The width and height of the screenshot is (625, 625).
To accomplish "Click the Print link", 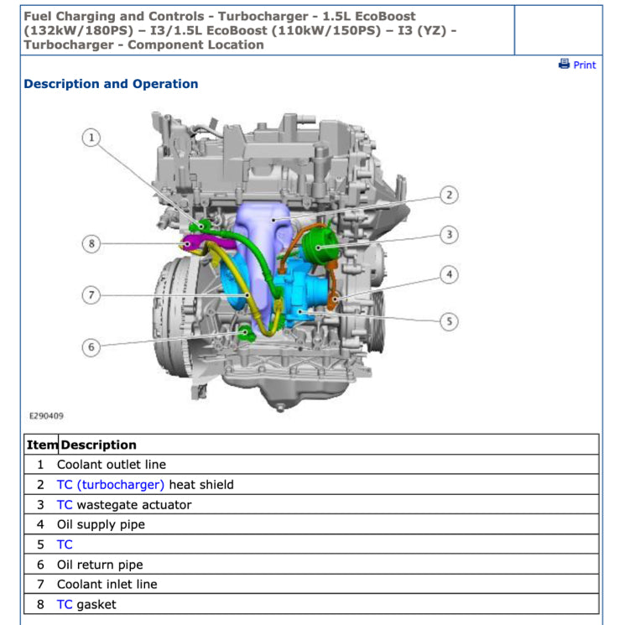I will click(x=584, y=65).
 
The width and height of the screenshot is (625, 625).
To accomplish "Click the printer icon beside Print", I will click(x=565, y=64).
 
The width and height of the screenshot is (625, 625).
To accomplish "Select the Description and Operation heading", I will click(x=111, y=84).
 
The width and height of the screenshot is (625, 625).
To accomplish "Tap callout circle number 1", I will click(x=91, y=138).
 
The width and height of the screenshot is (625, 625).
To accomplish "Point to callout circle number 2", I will click(x=450, y=195).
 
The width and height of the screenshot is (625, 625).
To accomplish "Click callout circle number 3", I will click(x=450, y=235).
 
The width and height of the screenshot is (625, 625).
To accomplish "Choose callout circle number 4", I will click(x=450, y=274).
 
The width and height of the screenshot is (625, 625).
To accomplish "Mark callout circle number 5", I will click(x=450, y=320).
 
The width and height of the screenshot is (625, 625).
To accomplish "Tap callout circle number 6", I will click(x=91, y=346).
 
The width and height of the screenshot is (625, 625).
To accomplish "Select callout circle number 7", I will click(x=91, y=294).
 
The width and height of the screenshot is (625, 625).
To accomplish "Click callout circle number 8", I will click(x=91, y=244).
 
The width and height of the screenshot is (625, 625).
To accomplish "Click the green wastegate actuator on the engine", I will click(x=319, y=245).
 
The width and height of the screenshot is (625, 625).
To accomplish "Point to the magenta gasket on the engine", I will click(x=192, y=244).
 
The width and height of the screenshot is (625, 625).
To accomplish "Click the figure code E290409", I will click(x=46, y=415).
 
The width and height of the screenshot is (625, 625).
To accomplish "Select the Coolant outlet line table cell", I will click(x=112, y=465).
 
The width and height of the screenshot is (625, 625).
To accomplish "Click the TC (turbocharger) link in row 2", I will click(x=110, y=485).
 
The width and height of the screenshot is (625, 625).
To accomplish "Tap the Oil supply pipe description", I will click(x=101, y=525).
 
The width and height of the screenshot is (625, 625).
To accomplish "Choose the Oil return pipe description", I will click(x=100, y=565).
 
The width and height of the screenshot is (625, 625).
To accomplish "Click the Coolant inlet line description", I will click(x=107, y=585).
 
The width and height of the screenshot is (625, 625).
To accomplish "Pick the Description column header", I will click(x=98, y=445).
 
